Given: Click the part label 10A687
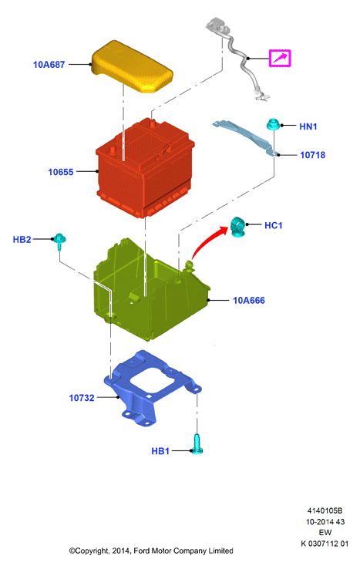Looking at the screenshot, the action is [49, 65].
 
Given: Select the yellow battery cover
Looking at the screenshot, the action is [133, 67].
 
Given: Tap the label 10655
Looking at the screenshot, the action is [61, 172].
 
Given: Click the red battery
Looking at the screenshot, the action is [145, 168].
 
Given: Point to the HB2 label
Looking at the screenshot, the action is [22, 239].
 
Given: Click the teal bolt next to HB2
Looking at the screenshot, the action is [59, 241].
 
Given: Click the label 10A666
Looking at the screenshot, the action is [248, 300].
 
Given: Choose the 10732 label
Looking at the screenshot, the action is [82, 398].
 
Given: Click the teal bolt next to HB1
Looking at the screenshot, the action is [197, 444].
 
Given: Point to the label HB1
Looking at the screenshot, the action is [160, 451].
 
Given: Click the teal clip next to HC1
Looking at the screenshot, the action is [237, 227].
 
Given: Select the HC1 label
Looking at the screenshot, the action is [273, 226].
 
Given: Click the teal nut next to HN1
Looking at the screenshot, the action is [273, 124].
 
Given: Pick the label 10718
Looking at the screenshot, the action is [312, 155].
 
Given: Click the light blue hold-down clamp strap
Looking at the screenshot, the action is [245, 138].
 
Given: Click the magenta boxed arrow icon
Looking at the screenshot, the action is [280, 58].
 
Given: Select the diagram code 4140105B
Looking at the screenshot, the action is [325, 510].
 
